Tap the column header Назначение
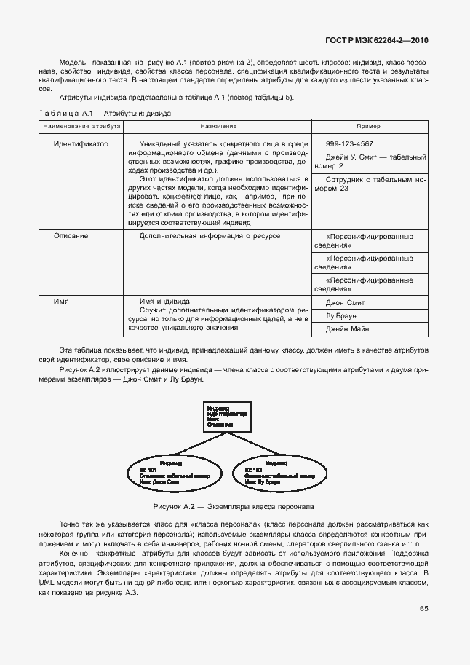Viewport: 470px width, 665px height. (218, 126)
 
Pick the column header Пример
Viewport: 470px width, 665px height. (369, 126)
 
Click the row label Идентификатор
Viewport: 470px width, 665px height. (81, 144)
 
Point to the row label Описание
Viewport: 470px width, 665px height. (71, 236)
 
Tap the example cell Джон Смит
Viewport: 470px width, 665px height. (345, 302)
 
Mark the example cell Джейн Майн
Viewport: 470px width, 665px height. (347, 329)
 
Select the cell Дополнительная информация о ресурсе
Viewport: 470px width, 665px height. (210, 236)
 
